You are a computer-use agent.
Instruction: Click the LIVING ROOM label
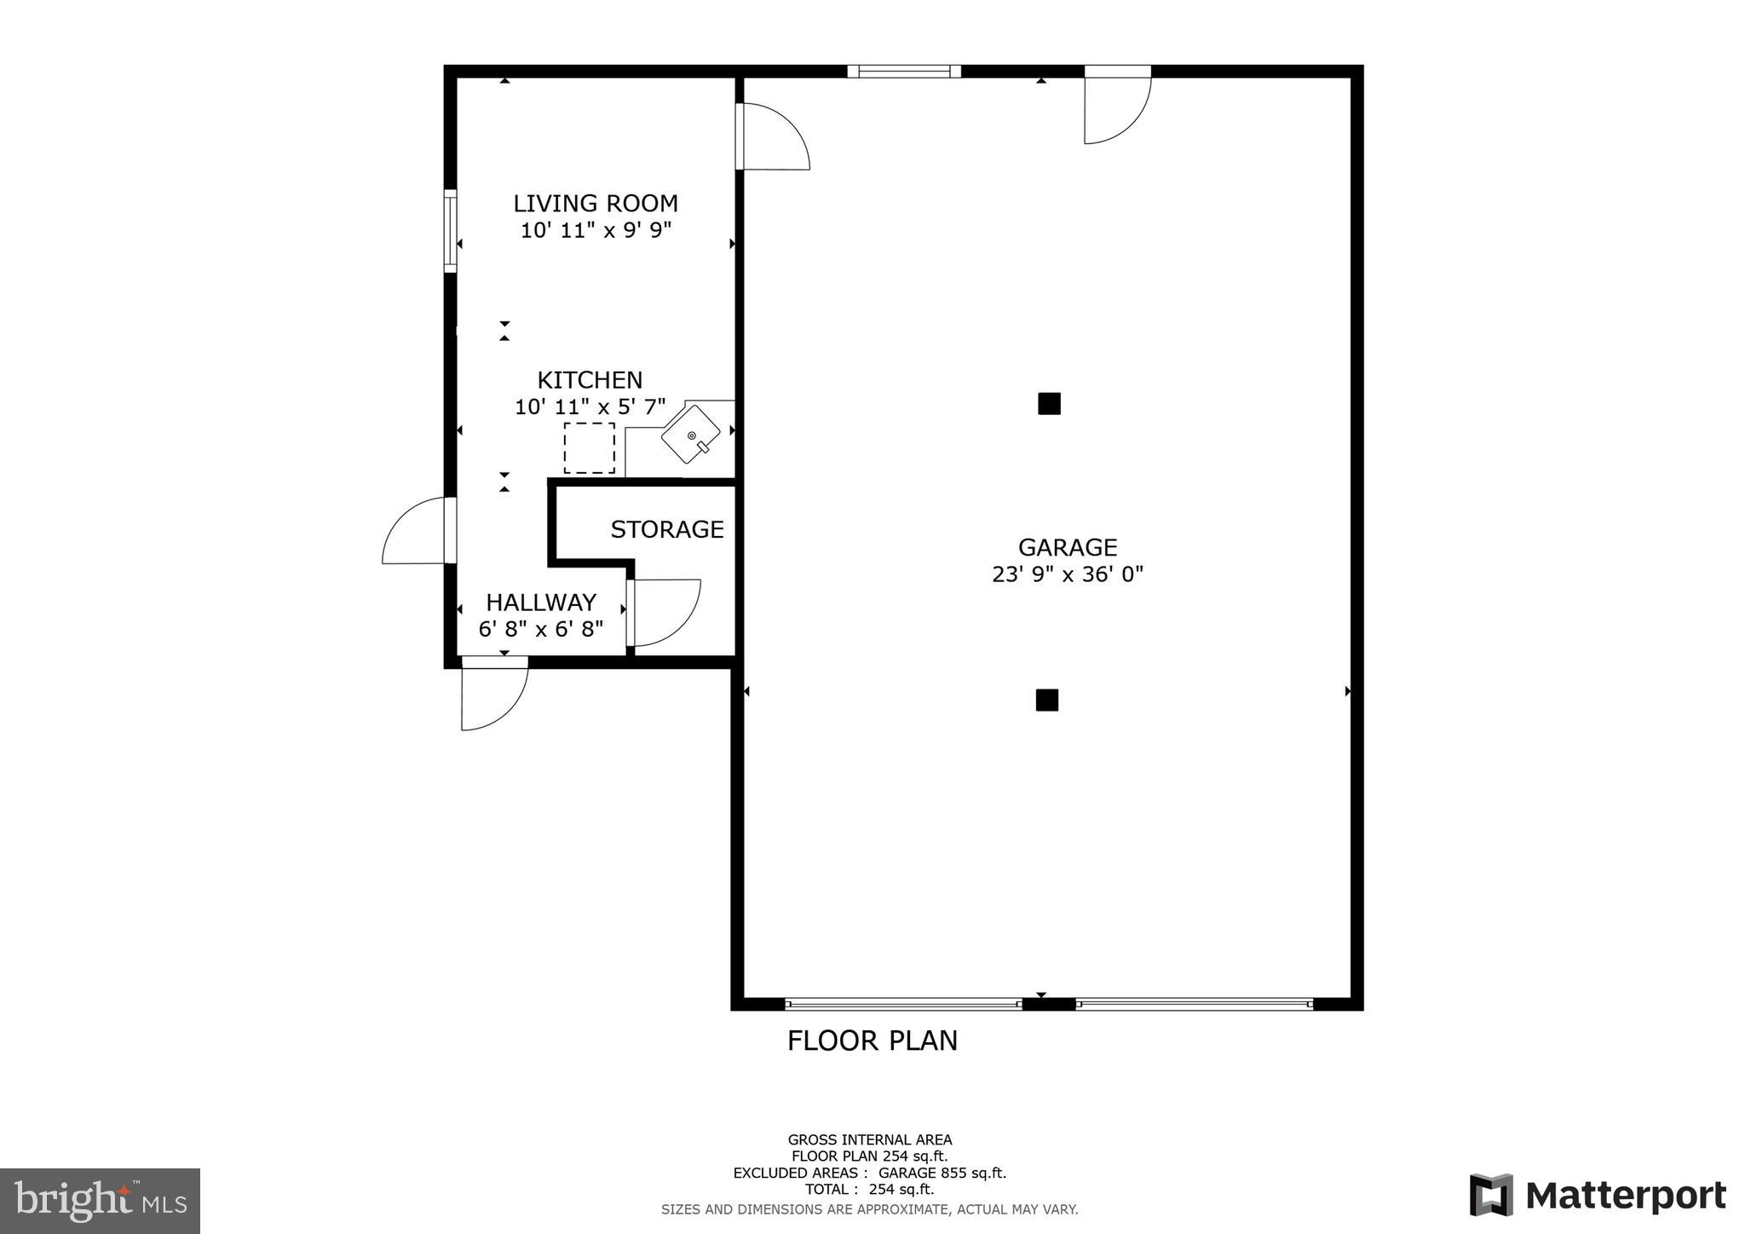point(595,204)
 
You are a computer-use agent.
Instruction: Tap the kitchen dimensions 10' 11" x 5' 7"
point(590,407)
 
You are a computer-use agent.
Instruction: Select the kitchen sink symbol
point(691,435)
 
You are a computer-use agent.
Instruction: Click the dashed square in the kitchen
point(589,448)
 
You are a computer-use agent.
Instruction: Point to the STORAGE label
point(667,530)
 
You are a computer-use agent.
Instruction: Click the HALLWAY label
point(541,603)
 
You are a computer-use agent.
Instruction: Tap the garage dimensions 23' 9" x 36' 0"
point(1067,574)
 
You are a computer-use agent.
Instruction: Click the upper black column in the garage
point(1049,404)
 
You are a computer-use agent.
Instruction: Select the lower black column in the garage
point(1046,701)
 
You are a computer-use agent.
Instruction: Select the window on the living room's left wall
point(450,231)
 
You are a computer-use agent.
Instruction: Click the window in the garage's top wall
point(904,72)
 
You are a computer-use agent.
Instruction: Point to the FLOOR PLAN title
point(872,1041)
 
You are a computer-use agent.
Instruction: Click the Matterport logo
point(1597,1196)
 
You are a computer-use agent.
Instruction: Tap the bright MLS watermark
point(100,1202)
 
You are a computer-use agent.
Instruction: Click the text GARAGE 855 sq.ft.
point(942,1173)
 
